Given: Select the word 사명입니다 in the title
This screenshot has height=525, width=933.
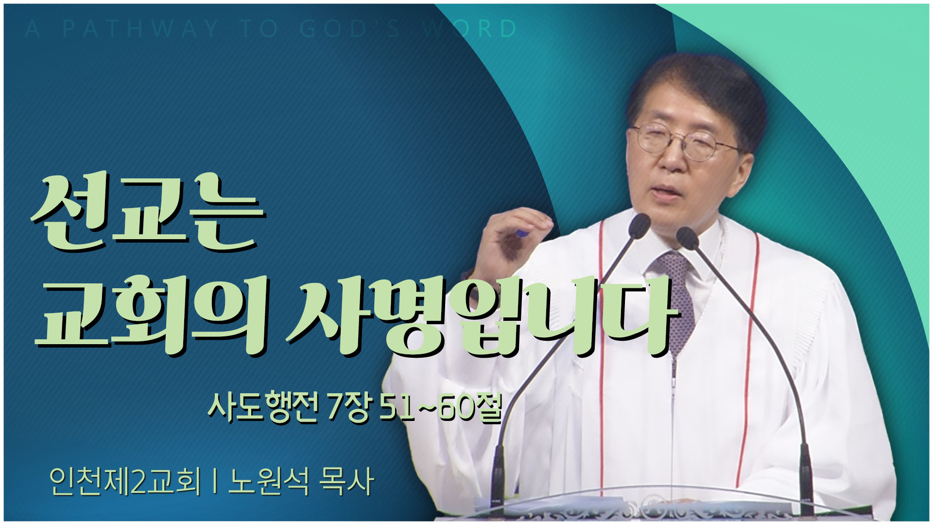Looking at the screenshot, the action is click(x=481, y=316).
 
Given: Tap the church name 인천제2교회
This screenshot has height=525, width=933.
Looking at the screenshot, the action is click(x=125, y=481).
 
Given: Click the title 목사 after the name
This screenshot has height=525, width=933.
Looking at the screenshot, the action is click(x=346, y=481).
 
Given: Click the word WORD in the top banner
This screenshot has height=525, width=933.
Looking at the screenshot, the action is click(x=469, y=29).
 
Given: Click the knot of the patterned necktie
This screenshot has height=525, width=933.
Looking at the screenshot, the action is click(x=674, y=265).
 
